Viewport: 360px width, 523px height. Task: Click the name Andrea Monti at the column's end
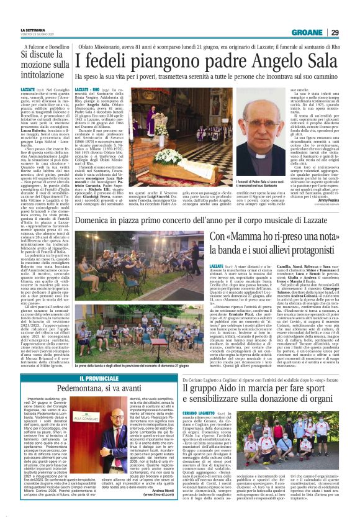coord(162,492)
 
